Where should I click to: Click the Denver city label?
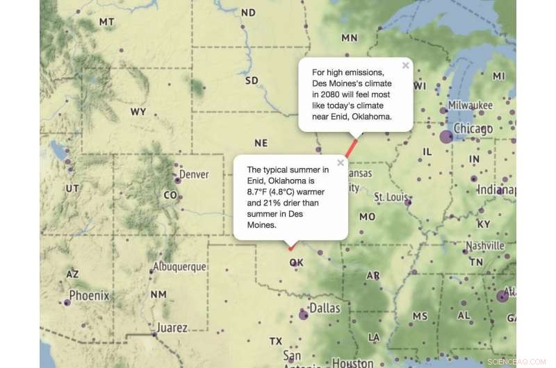pos(194,174)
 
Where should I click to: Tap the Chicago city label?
pos(473,129)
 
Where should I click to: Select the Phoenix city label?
pos(89,296)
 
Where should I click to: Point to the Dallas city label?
pos(325,308)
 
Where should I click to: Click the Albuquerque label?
pos(179,267)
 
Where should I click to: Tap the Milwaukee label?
pos(471,105)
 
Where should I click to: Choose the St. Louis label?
pos(390,197)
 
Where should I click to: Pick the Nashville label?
pos(485,246)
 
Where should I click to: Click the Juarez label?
pos(172,328)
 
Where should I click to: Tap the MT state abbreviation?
pos(106,22)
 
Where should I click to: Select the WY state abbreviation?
pos(138,112)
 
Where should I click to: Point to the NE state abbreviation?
pos(261,143)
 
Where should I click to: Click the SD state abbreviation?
pos(252,81)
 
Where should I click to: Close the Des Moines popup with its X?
pos(405,66)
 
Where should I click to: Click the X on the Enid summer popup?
pos(341,163)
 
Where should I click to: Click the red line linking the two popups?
pos(353,147)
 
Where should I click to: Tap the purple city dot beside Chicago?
pos(447,137)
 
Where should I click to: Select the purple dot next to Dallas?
pos(303,315)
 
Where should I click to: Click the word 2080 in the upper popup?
pos(334,94)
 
